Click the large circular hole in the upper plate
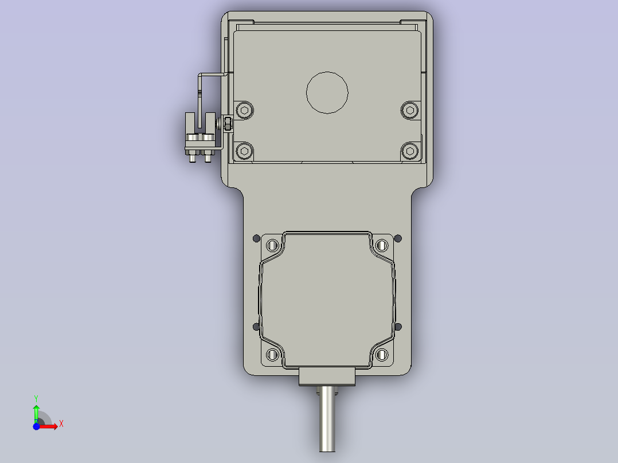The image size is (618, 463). pyautogui.click(x=327, y=92)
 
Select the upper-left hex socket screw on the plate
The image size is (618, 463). pyautogui.click(x=245, y=110)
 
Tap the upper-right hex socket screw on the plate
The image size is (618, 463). pyautogui.click(x=409, y=110)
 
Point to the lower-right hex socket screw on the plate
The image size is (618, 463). pyautogui.click(x=409, y=151)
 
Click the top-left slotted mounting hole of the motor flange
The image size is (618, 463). pyautogui.click(x=273, y=246)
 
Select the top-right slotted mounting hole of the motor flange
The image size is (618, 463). pyautogui.click(x=382, y=246)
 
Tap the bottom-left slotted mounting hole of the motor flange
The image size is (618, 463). pyautogui.click(x=273, y=355)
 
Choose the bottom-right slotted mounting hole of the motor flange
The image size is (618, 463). pyautogui.click(x=382, y=355)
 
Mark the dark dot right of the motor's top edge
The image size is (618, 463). pyautogui.click(x=399, y=238)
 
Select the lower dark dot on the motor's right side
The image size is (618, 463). pyautogui.click(x=399, y=327)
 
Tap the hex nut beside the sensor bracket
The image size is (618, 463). pyautogui.click(x=228, y=124)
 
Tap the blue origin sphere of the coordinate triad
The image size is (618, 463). pyautogui.click(x=36, y=426)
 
